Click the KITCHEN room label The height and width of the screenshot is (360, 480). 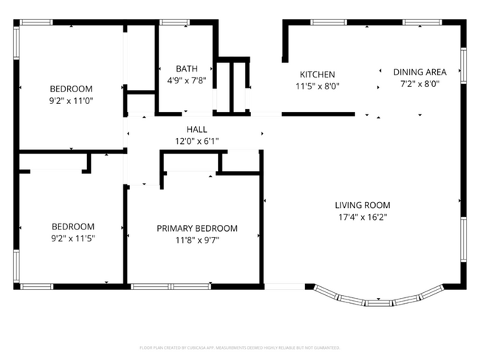click(x=318, y=75)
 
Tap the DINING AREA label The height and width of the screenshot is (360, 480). click(x=419, y=72)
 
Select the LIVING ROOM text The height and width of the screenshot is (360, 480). click(x=362, y=205)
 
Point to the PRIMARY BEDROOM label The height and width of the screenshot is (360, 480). click(x=197, y=228)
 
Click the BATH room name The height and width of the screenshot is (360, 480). click(x=185, y=69)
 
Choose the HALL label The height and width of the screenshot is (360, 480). click(x=196, y=129)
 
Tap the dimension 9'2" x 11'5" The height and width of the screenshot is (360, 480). click(x=72, y=238)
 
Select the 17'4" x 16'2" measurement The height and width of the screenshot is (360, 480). click(x=362, y=217)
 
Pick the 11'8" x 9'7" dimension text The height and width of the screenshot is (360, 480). click(x=197, y=240)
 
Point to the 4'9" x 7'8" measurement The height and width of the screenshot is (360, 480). click(x=185, y=80)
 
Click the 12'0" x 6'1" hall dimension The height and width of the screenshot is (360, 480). click(x=196, y=141)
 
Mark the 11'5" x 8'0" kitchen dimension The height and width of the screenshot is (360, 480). click(x=318, y=86)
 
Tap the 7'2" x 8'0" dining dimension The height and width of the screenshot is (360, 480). click(x=419, y=84)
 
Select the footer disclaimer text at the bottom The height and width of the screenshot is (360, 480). click(x=239, y=347)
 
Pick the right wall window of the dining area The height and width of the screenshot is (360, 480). click(x=464, y=65)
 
